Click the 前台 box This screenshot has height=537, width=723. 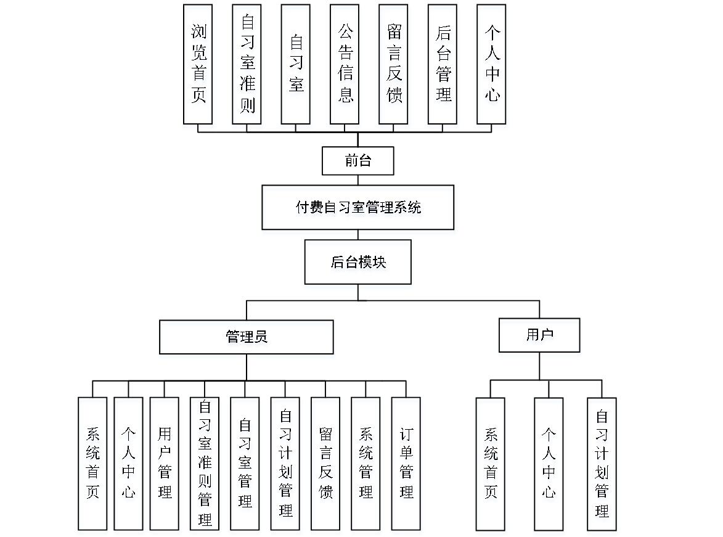(x=358, y=160)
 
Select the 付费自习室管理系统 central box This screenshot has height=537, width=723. (x=358, y=207)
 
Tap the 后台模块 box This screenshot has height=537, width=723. (x=358, y=261)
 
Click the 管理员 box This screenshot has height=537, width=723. (x=246, y=337)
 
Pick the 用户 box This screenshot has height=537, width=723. (x=539, y=335)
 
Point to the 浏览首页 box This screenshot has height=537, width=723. (x=198, y=64)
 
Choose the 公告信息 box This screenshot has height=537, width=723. (x=345, y=64)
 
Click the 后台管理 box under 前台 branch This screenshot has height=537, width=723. (x=442, y=64)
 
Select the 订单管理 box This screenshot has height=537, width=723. (x=406, y=464)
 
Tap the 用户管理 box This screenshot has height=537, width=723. (x=164, y=464)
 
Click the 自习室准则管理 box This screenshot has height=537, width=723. (x=204, y=464)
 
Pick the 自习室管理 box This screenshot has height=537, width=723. (x=245, y=464)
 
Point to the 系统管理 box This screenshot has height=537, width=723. (x=366, y=464)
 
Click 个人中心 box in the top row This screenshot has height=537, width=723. (x=491, y=64)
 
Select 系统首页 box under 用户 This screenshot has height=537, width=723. (x=490, y=464)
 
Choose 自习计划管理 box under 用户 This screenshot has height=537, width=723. (x=602, y=464)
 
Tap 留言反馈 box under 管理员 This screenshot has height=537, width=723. (x=325, y=464)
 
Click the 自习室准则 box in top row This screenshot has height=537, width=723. (x=247, y=64)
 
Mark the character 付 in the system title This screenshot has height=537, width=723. (x=302, y=207)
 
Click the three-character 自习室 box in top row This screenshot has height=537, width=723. (x=296, y=64)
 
